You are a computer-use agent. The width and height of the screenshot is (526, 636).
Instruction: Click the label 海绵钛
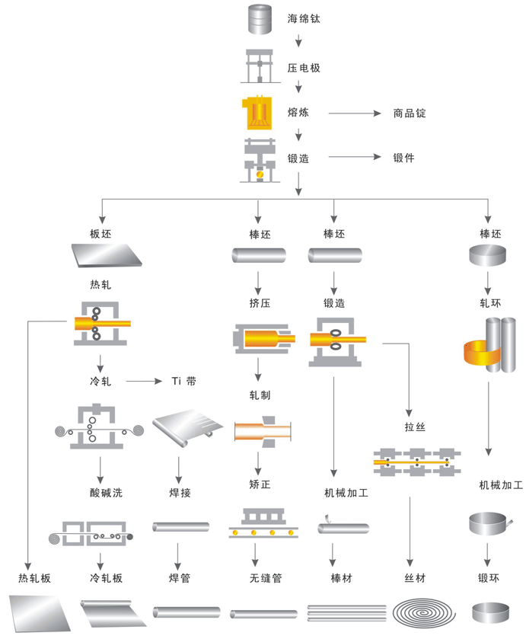click(304, 18)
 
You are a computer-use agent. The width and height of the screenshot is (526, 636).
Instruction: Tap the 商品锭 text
click(410, 113)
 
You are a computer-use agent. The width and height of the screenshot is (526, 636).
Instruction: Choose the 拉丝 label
click(416, 427)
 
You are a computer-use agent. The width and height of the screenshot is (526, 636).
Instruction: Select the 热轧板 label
click(35, 578)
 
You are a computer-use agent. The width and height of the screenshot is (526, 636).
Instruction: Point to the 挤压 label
click(260, 303)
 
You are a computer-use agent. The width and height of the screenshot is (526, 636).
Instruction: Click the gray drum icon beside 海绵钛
click(260, 19)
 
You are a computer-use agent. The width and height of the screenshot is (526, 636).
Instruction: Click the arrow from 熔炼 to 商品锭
click(354, 113)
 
